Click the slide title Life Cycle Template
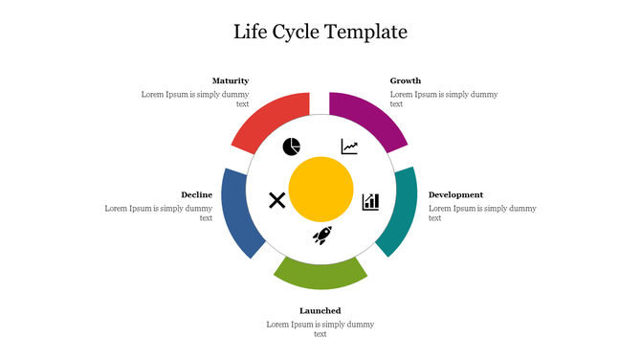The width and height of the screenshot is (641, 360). point(320,32)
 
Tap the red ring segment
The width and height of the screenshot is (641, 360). point(267,122)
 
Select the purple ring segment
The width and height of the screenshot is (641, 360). point(370,121)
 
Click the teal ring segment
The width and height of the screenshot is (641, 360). point(399,212)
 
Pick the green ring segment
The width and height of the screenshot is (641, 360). point(320,274)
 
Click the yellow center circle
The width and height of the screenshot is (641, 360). point(320,190)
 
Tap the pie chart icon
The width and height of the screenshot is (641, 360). point(292,146)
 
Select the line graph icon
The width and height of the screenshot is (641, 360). point(349,146)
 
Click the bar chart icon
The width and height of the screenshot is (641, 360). point(370,201)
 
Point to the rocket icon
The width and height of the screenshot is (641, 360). point(322,236)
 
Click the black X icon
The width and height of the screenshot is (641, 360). point(276,200)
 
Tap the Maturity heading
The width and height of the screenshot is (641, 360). point(231,80)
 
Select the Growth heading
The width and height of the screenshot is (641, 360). point(406,80)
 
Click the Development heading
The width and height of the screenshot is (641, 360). point(455,194)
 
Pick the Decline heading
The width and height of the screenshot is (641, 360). point(197,194)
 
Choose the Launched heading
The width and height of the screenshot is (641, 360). point(320,310)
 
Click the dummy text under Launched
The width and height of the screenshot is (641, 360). point(320,328)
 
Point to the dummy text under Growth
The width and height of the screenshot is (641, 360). point(443,99)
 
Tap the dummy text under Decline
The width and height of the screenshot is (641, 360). point(160,213)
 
